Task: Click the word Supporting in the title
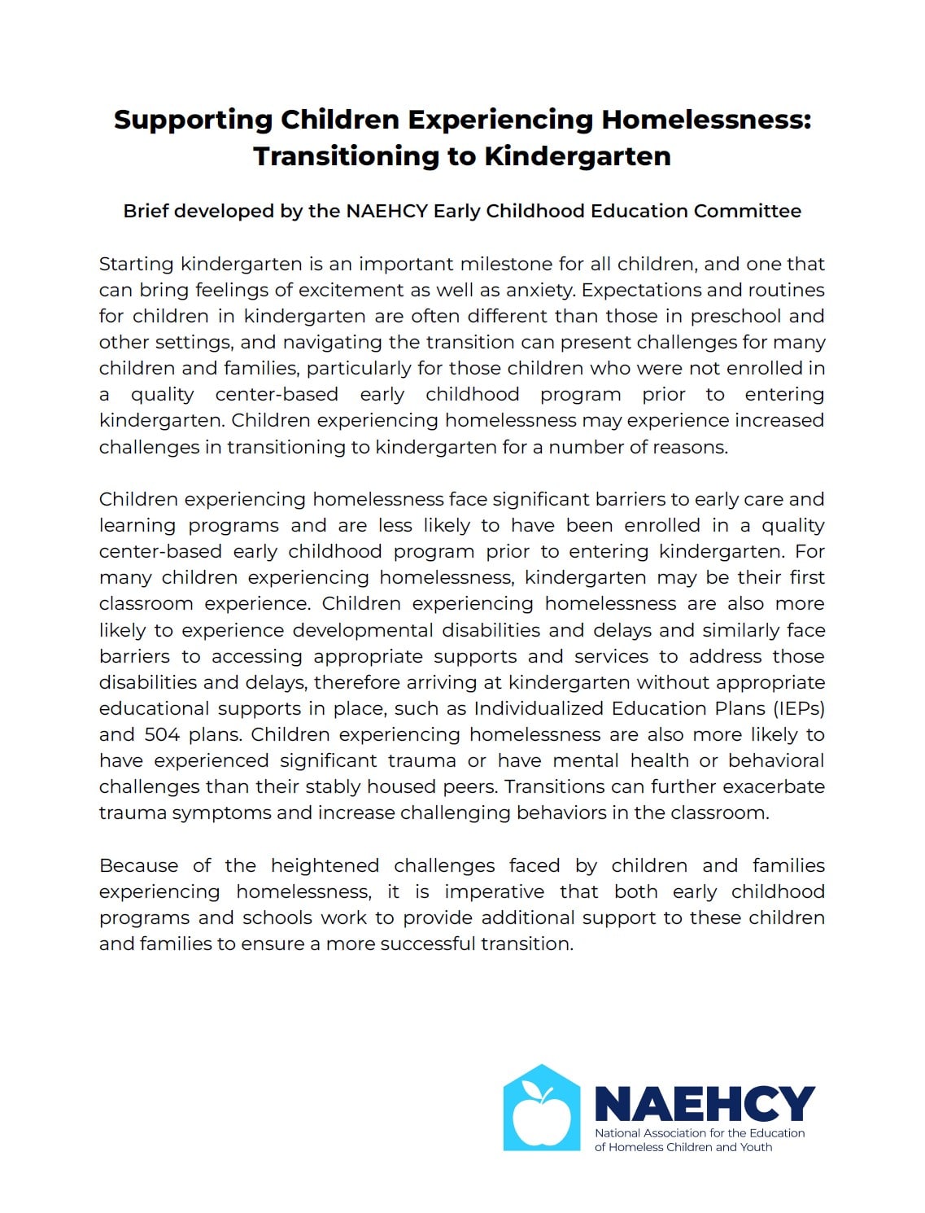coord(193,120)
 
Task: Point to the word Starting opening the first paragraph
coord(136,265)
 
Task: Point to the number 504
coord(162,735)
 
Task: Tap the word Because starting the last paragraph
coord(138,866)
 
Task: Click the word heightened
coord(325,866)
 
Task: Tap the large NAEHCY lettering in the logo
coord(705,1104)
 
